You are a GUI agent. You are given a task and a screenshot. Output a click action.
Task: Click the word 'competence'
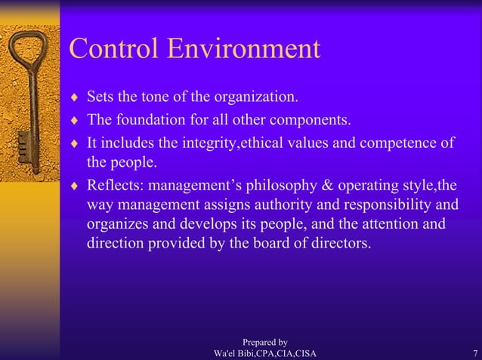click(398, 141)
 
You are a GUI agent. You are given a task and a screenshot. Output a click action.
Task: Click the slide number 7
click(473, 354)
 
